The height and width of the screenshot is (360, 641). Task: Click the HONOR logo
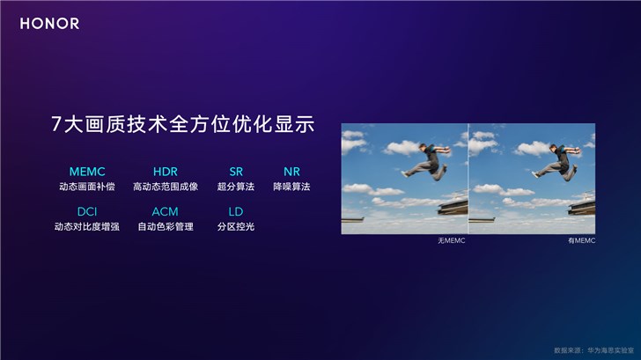(50, 24)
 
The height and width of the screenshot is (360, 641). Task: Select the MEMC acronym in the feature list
(87, 170)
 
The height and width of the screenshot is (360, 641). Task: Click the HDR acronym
(165, 170)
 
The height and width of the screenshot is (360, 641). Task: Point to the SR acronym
(235, 170)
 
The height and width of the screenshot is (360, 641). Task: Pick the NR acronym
(291, 170)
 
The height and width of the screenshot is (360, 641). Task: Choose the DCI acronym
(87, 211)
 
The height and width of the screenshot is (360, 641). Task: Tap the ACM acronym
(165, 211)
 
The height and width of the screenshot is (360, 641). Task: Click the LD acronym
(235, 211)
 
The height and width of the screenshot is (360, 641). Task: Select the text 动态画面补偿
(87, 187)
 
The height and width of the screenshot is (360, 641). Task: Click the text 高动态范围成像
(166, 187)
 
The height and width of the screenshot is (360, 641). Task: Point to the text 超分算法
(235, 187)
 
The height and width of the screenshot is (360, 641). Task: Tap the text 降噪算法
(291, 187)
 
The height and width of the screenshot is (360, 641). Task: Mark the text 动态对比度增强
(87, 228)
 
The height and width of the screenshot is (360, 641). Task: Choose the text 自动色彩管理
(165, 228)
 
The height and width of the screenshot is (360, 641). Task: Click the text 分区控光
(235, 228)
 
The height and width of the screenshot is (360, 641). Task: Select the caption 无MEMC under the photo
(451, 240)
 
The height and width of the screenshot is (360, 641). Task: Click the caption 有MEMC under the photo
(581, 240)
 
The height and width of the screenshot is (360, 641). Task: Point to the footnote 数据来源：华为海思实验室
(592, 349)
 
